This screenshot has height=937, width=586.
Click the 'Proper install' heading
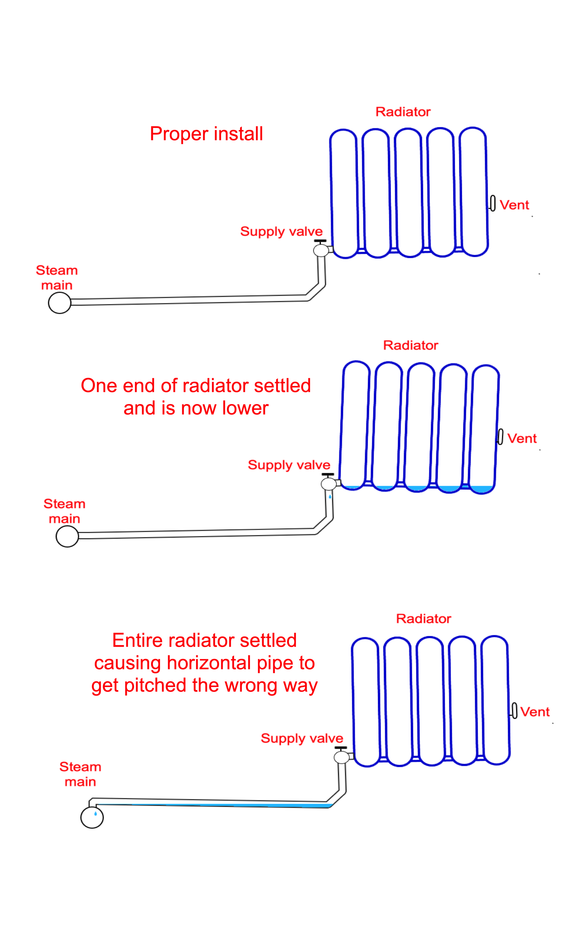click(206, 134)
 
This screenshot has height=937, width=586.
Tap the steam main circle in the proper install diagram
click(60, 303)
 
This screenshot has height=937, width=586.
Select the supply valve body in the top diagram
click(321, 250)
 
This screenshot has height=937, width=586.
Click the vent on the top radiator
click(493, 203)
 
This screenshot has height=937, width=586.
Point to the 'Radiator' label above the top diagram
click(403, 112)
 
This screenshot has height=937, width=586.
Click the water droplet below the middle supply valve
click(330, 496)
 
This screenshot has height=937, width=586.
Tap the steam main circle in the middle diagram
click(67, 536)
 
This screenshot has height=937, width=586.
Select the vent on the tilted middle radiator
click(500, 437)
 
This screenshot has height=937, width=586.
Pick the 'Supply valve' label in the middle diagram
click(289, 465)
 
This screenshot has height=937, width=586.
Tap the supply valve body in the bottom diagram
click(341, 757)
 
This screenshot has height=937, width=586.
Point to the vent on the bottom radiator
click(514, 710)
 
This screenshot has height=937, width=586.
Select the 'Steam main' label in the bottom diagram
click(80, 774)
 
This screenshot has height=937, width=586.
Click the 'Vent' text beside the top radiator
click(514, 205)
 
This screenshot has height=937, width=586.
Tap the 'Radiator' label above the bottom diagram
click(424, 619)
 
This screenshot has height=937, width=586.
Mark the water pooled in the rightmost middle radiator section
click(481, 489)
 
